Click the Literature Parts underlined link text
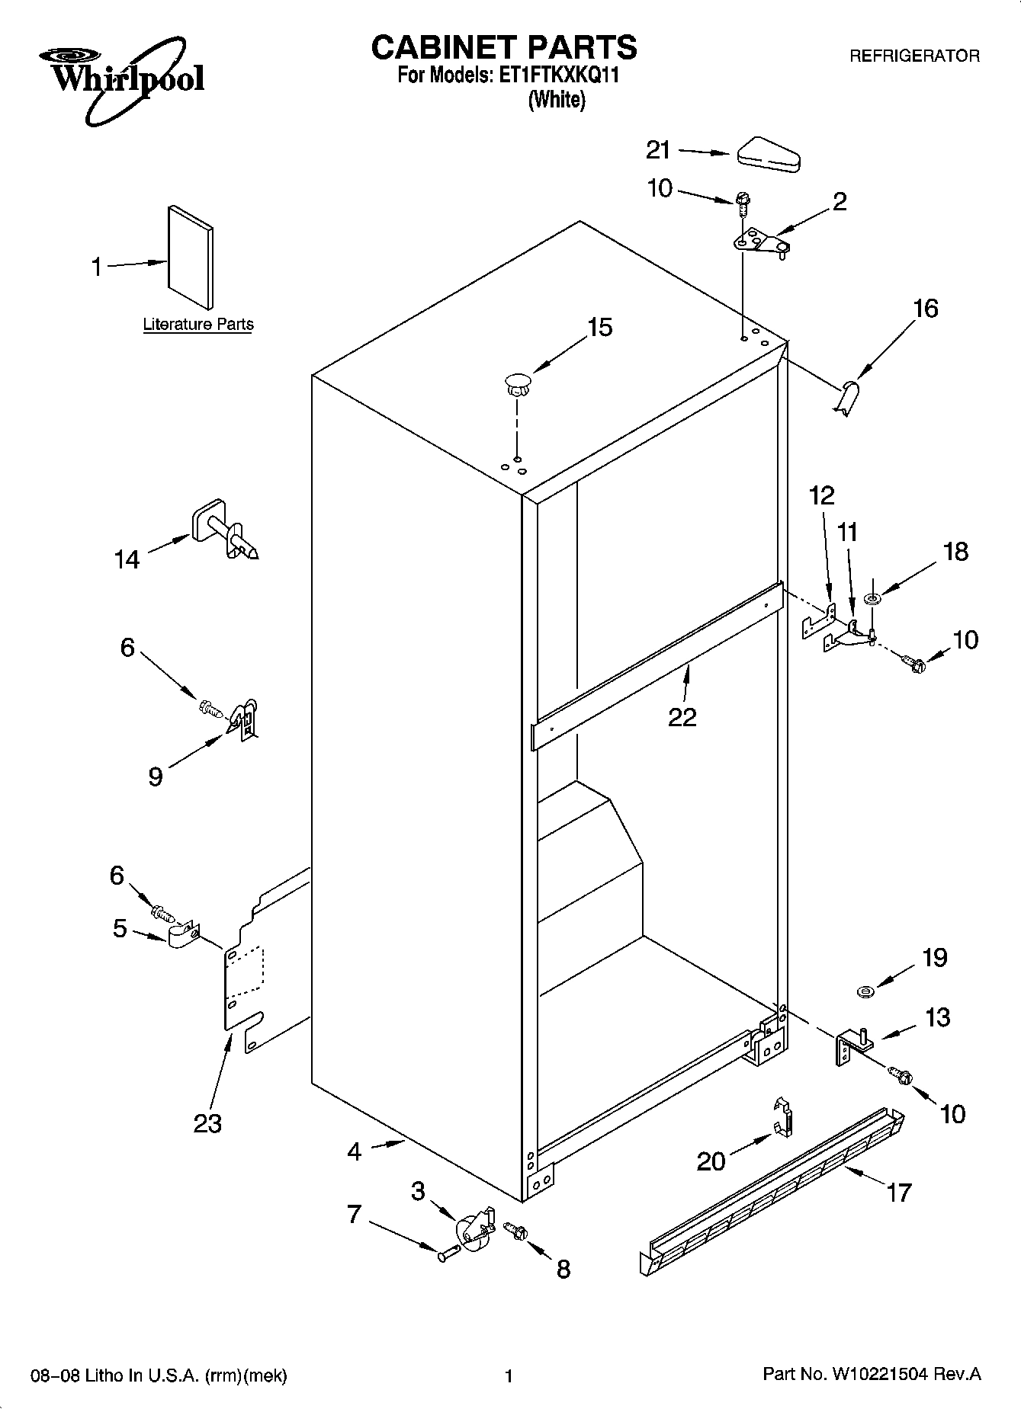(198, 325)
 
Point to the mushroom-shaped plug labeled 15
(518, 383)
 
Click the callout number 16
(925, 309)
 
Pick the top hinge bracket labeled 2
(760, 244)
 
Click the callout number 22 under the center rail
(682, 717)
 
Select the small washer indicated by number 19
(865, 991)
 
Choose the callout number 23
(207, 1123)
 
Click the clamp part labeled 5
(181, 937)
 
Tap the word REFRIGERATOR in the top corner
(914, 56)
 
